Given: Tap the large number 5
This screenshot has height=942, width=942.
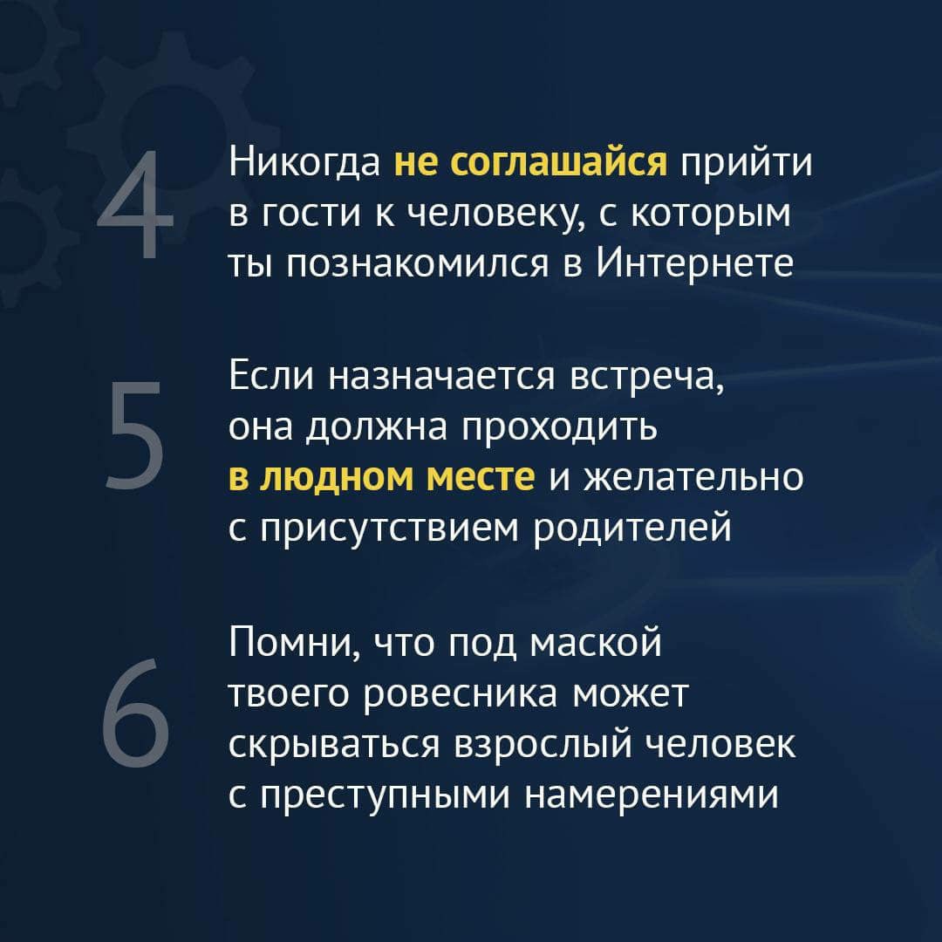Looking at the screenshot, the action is pos(135,435).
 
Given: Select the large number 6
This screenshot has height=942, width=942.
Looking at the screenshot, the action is pos(136,713).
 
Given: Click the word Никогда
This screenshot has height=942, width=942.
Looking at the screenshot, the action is pos(304,163).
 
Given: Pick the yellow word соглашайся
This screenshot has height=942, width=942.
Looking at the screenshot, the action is pos(559,163).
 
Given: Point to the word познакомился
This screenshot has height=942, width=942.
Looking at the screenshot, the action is pos(417,263).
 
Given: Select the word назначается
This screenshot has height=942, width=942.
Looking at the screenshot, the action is pos(441,378).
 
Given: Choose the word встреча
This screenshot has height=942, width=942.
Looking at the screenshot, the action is pos(646,378).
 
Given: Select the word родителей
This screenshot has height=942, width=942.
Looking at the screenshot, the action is pos(632,528).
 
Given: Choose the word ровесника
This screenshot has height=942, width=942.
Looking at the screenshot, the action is pos(461,695).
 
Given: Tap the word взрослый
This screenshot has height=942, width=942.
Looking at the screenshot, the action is pos(543,746).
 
